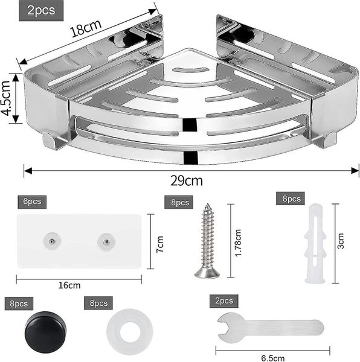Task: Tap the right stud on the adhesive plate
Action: [106, 241]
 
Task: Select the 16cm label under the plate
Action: [79, 285]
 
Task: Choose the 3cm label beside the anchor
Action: [342, 243]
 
